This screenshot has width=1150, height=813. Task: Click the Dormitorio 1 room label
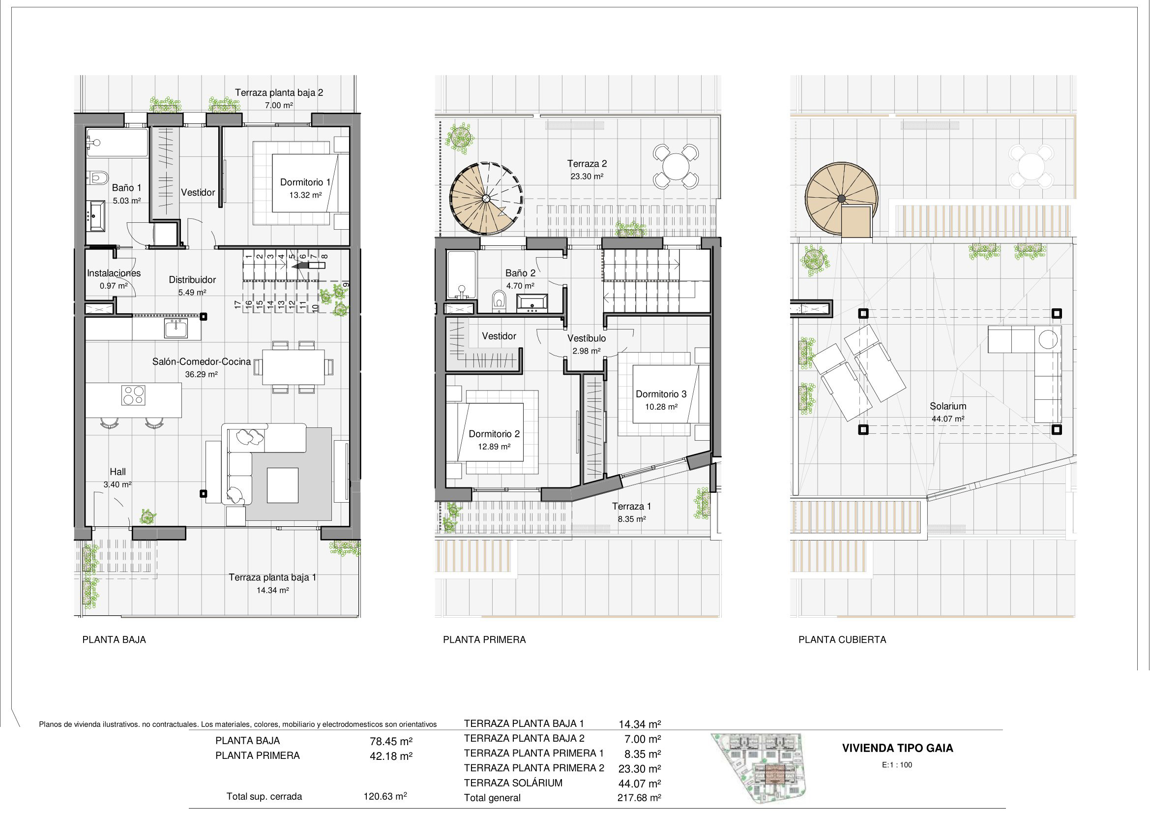[x=305, y=182]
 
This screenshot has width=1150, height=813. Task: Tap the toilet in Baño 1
[x=99, y=178]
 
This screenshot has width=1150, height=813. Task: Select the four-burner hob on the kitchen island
[x=133, y=395]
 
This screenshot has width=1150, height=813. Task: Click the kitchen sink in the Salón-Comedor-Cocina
[x=176, y=329]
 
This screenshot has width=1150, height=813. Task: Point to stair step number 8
[x=324, y=256]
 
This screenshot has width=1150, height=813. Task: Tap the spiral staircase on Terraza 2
[x=486, y=198]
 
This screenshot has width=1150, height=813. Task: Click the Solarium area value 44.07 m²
[x=947, y=419]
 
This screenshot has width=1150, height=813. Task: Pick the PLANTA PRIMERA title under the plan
[x=484, y=640]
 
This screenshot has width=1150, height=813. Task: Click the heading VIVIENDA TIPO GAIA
[x=898, y=749]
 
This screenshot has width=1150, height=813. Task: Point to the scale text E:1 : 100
[x=897, y=765]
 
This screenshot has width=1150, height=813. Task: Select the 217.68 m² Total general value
[x=639, y=798]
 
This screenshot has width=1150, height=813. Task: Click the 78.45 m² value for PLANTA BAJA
[x=391, y=741]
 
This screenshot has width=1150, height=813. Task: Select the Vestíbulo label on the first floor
[x=587, y=338]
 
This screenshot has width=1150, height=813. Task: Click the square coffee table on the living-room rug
[x=283, y=485]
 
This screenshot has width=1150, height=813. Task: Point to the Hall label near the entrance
[x=118, y=472]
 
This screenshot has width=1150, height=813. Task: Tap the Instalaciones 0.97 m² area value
[x=114, y=286]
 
